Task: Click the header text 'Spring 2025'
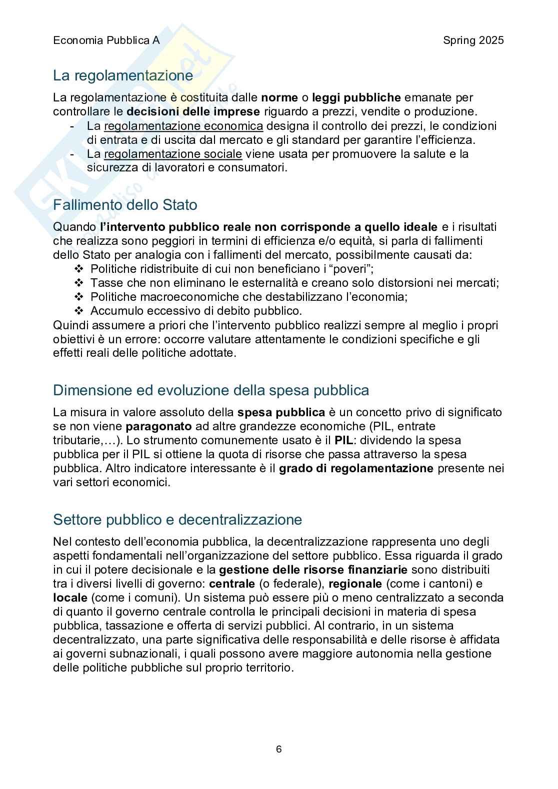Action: click(473, 40)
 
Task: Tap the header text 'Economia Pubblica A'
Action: click(106, 40)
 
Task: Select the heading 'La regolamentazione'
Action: click(123, 75)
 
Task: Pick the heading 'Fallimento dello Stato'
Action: click(125, 205)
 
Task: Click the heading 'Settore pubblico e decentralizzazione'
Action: click(177, 520)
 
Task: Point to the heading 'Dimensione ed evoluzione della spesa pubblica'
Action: click(211, 390)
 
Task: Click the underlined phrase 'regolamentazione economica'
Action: click(183, 126)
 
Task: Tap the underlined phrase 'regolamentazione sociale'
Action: click(173, 154)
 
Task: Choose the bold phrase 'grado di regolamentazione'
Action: click(356, 469)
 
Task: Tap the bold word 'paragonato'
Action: click(159, 427)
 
